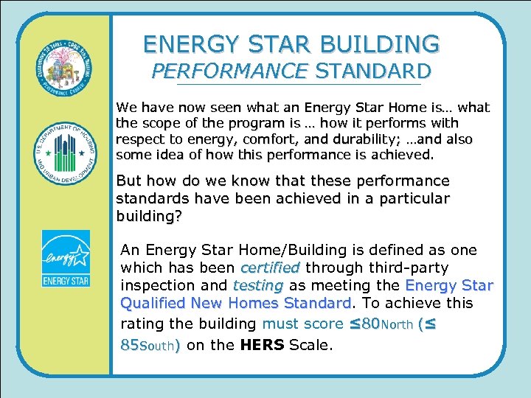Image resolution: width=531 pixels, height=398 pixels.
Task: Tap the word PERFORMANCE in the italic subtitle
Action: click(x=229, y=71)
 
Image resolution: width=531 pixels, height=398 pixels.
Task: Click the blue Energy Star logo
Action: click(x=66, y=259)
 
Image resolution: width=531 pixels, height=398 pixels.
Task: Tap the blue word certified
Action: click(x=270, y=268)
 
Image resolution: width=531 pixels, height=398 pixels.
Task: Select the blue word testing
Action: click(x=257, y=285)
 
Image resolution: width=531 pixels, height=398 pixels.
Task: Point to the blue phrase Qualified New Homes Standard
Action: click(x=234, y=304)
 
